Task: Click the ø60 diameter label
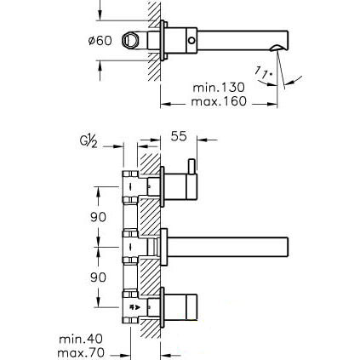click(100, 41)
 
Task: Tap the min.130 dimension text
click(219, 87)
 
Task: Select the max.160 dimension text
click(219, 101)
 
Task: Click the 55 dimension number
click(179, 136)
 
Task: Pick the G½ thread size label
click(89, 142)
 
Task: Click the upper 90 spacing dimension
click(98, 217)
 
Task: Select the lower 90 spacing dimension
click(98, 277)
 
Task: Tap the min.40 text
click(81, 339)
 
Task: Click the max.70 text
click(81, 353)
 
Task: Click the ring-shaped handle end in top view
click(130, 39)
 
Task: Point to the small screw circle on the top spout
click(192, 41)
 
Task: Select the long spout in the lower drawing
click(228, 247)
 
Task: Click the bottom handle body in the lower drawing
click(180, 306)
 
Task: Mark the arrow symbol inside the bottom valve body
click(134, 306)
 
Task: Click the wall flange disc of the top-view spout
click(163, 40)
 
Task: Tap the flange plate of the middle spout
click(163, 247)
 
